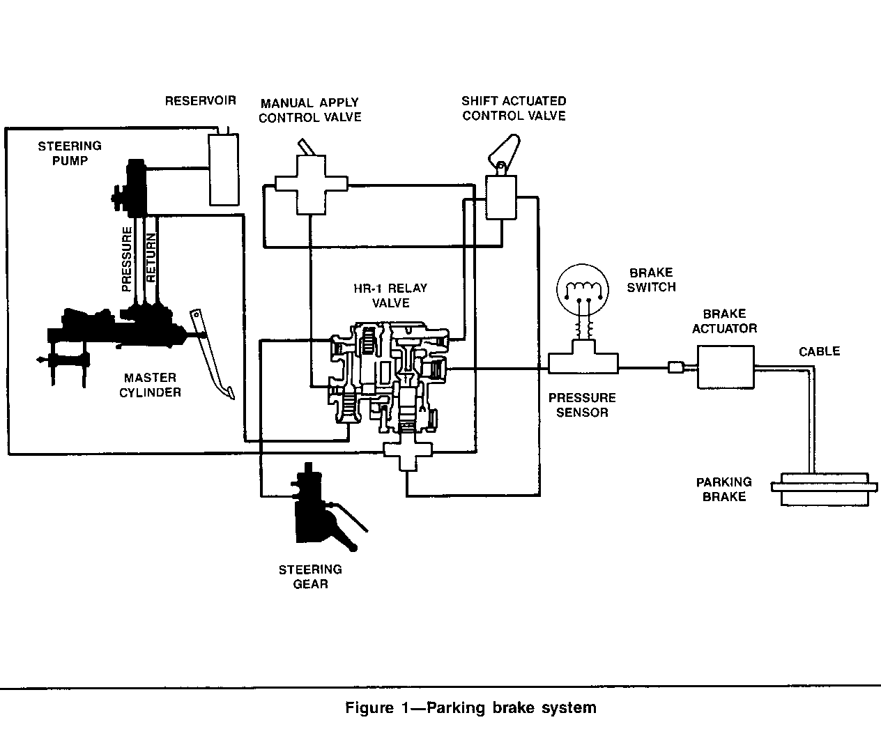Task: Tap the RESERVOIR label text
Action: tap(200, 101)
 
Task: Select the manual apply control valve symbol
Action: tap(310, 183)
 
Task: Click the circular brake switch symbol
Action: tap(582, 293)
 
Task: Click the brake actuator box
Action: tap(726, 367)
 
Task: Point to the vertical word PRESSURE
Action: tap(127, 259)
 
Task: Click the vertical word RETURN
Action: tap(151, 256)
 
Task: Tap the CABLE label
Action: tap(819, 351)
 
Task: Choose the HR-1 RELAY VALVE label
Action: tap(390, 296)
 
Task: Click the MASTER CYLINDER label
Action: tap(150, 385)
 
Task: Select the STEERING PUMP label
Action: tap(69, 153)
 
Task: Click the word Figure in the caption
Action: tap(369, 708)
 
